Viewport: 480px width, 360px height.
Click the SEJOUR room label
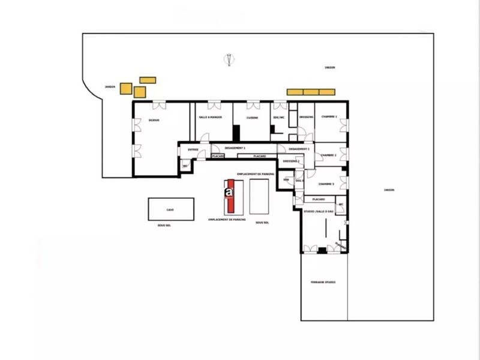click(x=154, y=120)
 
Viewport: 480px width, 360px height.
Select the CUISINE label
click(x=253, y=118)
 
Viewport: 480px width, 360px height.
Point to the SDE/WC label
click(x=278, y=118)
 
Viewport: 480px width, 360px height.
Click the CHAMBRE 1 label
click(x=329, y=116)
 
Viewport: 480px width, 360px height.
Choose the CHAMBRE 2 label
click(x=328, y=155)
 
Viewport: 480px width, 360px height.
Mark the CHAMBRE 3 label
click(x=326, y=184)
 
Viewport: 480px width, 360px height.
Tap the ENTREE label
click(x=193, y=149)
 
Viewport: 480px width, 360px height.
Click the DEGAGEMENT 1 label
click(x=235, y=148)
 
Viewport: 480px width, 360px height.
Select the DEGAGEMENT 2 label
click(x=299, y=149)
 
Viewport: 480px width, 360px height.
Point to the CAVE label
click(x=170, y=210)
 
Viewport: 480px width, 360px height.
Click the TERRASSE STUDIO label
click(x=323, y=282)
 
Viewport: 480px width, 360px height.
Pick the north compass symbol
click(x=229, y=59)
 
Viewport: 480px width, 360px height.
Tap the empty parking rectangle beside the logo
click(x=260, y=196)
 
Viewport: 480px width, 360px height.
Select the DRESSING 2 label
click(x=291, y=161)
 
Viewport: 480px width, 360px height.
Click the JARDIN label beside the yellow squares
click(x=110, y=86)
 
